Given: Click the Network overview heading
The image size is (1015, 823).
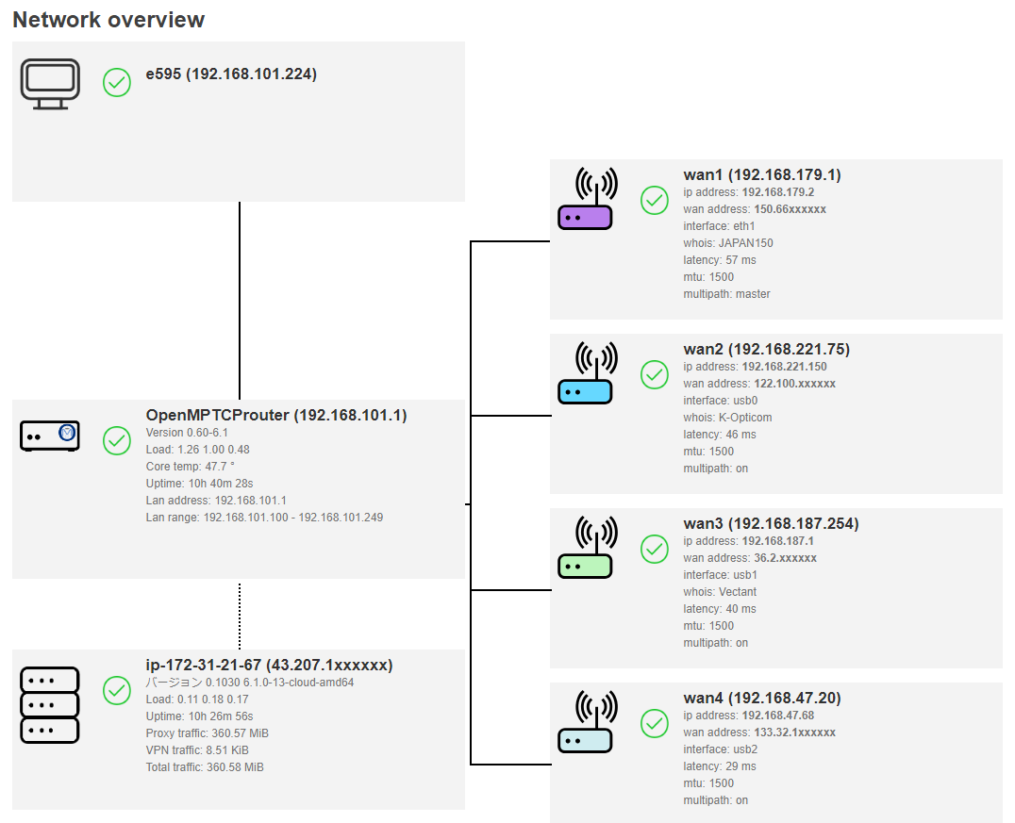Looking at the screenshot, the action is point(108,20).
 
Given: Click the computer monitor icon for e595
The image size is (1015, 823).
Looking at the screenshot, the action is point(50,84).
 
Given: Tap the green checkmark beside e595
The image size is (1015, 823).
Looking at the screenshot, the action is point(117,82).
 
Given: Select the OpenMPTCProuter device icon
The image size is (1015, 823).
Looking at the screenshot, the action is point(50,436).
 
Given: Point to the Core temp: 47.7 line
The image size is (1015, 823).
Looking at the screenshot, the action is point(191,467).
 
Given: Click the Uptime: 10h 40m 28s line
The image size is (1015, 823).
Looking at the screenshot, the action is point(199,484).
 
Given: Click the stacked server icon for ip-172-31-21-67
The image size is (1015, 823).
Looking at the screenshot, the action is point(50,705).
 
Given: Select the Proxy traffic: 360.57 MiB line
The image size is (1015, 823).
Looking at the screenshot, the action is point(208,733).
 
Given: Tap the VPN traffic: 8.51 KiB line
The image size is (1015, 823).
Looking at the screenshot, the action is point(197,749).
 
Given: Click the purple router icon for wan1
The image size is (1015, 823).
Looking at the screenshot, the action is point(587,199).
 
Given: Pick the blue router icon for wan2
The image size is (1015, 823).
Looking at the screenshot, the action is point(587,372).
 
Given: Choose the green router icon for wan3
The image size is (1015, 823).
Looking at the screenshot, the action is point(587,548).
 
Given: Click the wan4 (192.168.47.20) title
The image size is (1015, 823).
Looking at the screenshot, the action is point(762,699).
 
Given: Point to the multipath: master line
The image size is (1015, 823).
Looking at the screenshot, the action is point(727,294).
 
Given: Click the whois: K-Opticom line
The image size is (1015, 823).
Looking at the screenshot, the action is point(727,418).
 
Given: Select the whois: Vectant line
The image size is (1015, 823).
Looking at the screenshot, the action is point(720,591).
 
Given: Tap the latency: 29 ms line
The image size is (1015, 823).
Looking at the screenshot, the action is point(720,766).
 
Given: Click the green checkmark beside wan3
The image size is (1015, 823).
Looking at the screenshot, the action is point(655,549).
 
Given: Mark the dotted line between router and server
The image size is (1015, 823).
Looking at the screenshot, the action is point(240,616).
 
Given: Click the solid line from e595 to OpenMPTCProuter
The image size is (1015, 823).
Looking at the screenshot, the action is point(240,300).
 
